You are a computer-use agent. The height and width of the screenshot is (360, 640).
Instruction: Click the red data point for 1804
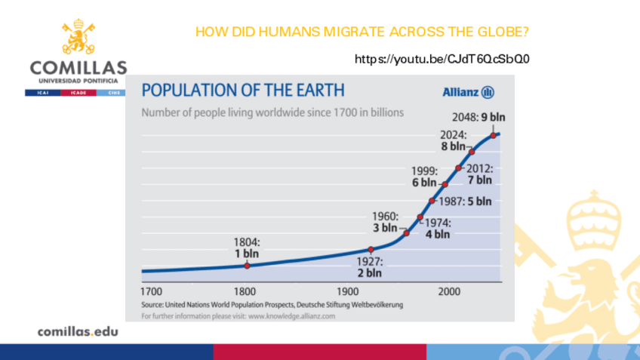pos(247,265)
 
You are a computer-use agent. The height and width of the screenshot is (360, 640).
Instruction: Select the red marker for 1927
pos(371,250)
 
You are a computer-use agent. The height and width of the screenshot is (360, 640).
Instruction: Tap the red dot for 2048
pos(494,135)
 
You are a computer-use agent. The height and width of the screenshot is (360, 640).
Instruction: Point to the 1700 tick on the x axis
pos(152,291)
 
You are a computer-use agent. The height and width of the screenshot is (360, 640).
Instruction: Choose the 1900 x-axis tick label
pos(348,291)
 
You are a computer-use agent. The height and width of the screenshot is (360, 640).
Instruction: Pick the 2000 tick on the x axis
pos(449,291)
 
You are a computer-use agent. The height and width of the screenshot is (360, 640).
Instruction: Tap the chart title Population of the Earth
pos(243,91)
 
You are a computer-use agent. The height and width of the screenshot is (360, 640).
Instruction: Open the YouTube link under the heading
pos(442,58)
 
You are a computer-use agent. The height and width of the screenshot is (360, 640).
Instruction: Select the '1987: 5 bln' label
pos(465,202)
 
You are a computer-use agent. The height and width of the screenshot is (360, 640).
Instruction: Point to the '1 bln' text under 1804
pos(247,254)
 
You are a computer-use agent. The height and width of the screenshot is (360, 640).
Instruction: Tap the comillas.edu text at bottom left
pos(78,331)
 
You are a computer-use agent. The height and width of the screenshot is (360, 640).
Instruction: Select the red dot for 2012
pos(459,168)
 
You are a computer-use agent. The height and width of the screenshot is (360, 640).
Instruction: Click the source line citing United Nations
pos(272,305)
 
